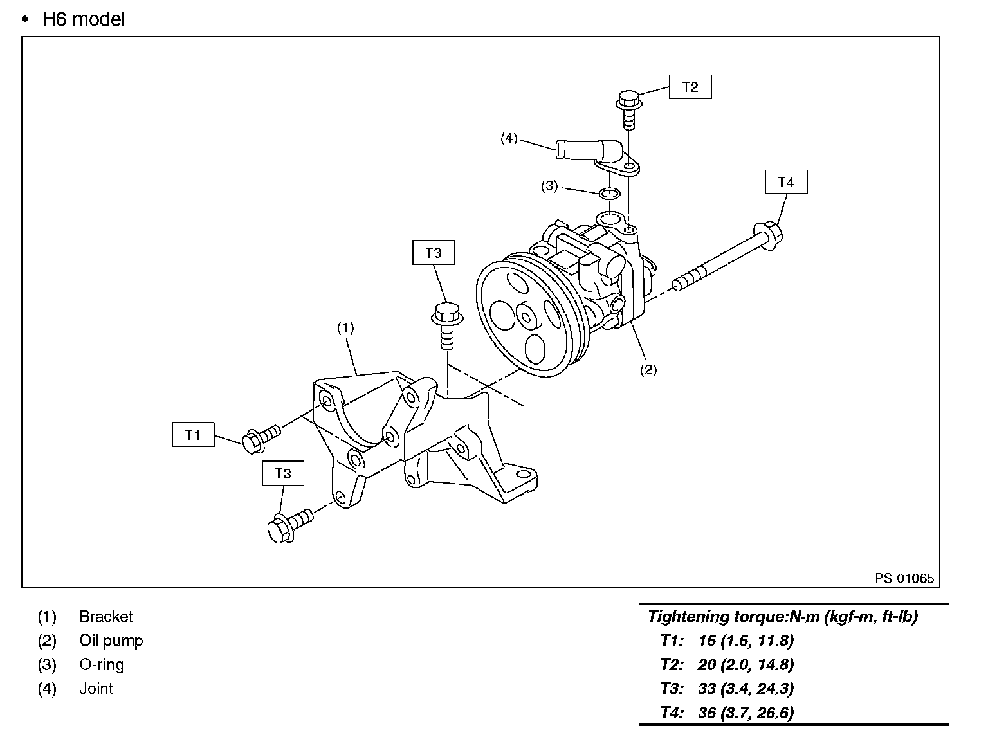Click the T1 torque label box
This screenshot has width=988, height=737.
[x=193, y=435]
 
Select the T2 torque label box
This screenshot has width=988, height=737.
[x=690, y=87]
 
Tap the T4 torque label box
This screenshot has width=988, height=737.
[x=786, y=182]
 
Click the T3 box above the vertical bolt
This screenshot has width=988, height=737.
[x=434, y=253]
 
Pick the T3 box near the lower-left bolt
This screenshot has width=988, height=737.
[x=283, y=473]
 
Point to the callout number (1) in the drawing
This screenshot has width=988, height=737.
[x=345, y=327]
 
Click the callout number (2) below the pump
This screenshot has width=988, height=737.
[x=648, y=369]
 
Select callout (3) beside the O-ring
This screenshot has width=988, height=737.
[x=549, y=186]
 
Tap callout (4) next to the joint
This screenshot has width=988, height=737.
[x=509, y=138]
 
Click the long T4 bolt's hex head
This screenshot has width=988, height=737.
[x=768, y=234]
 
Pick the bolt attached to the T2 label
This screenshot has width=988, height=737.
[x=628, y=110]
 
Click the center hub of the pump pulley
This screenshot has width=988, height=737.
[x=527, y=316]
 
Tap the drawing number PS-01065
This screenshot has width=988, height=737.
[x=904, y=578]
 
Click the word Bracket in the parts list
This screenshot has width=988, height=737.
[x=105, y=616]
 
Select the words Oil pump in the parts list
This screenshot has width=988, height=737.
[x=111, y=641]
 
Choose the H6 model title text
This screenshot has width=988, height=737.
[x=84, y=19]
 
